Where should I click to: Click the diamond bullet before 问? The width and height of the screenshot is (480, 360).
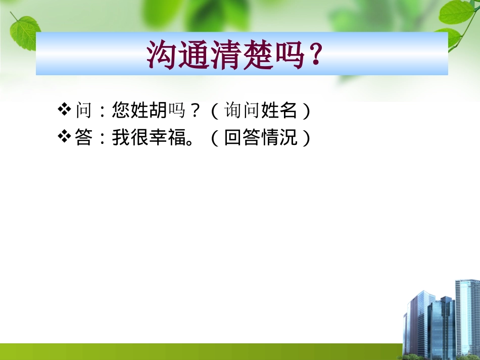(x=65, y=110)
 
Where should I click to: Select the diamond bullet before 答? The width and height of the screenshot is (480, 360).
(x=65, y=137)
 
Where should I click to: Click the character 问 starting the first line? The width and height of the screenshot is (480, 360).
(x=84, y=110)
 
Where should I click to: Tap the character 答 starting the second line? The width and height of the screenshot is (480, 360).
(x=84, y=137)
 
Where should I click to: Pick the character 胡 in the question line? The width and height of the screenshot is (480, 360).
(x=158, y=110)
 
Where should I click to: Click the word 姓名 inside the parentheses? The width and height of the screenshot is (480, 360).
(x=279, y=110)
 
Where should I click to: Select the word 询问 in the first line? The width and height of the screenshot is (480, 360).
(x=242, y=110)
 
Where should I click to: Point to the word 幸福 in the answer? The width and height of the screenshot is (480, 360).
(x=168, y=137)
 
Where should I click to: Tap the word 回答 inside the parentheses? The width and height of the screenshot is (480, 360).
(x=242, y=137)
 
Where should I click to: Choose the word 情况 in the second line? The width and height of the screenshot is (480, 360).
(x=279, y=137)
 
